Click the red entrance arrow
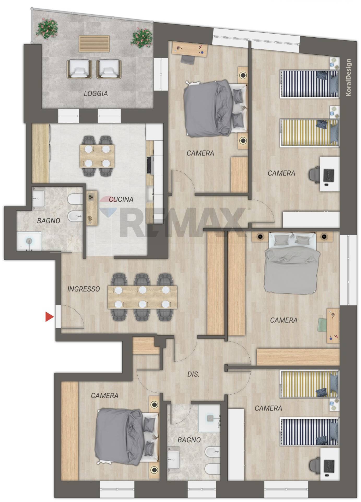click(x=49, y=317)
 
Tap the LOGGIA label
click(x=96, y=93)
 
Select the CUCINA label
click(x=121, y=199)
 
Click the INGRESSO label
click(x=84, y=289)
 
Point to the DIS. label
click(x=193, y=374)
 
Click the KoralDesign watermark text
click(x=348, y=77)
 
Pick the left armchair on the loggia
click(x=79, y=69)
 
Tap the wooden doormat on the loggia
click(x=94, y=43)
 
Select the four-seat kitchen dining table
click(x=97, y=156)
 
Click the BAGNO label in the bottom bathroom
click(x=189, y=440)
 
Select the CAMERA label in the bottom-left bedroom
click(x=104, y=396)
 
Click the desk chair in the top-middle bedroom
click(x=188, y=60)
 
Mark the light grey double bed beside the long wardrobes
click(x=292, y=264)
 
